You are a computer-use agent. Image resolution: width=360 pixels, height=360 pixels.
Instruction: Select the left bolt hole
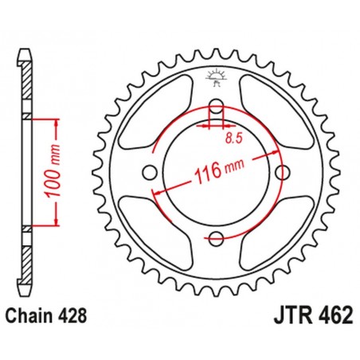[150, 173]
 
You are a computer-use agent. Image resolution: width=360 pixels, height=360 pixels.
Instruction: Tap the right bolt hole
[280, 173]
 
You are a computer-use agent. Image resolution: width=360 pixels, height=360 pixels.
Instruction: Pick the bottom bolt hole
[215, 237]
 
